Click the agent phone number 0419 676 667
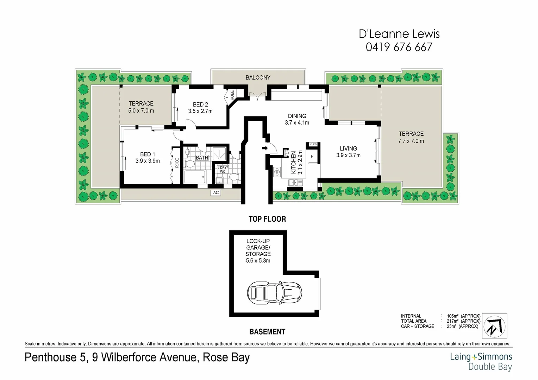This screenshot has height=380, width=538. (x=399, y=47)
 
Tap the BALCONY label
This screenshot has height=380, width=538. (x=258, y=77)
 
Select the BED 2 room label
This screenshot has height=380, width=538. (x=200, y=104)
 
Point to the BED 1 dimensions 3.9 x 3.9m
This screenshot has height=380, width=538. (x=148, y=161)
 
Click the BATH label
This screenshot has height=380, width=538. (x=202, y=158)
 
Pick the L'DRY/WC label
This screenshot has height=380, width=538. (x=223, y=170)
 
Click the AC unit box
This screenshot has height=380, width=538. (x=216, y=192)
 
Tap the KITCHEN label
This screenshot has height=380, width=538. (x=293, y=163)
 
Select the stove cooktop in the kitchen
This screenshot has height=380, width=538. (x=277, y=171)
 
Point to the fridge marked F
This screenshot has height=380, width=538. (x=312, y=156)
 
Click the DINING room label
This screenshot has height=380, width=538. (x=297, y=116)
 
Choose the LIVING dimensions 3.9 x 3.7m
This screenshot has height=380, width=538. (x=348, y=155)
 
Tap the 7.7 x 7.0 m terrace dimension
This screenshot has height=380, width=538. (x=411, y=141)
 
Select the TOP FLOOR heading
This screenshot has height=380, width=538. (x=267, y=219)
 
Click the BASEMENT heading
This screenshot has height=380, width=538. (x=267, y=331)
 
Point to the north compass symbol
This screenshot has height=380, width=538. (x=494, y=326)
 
